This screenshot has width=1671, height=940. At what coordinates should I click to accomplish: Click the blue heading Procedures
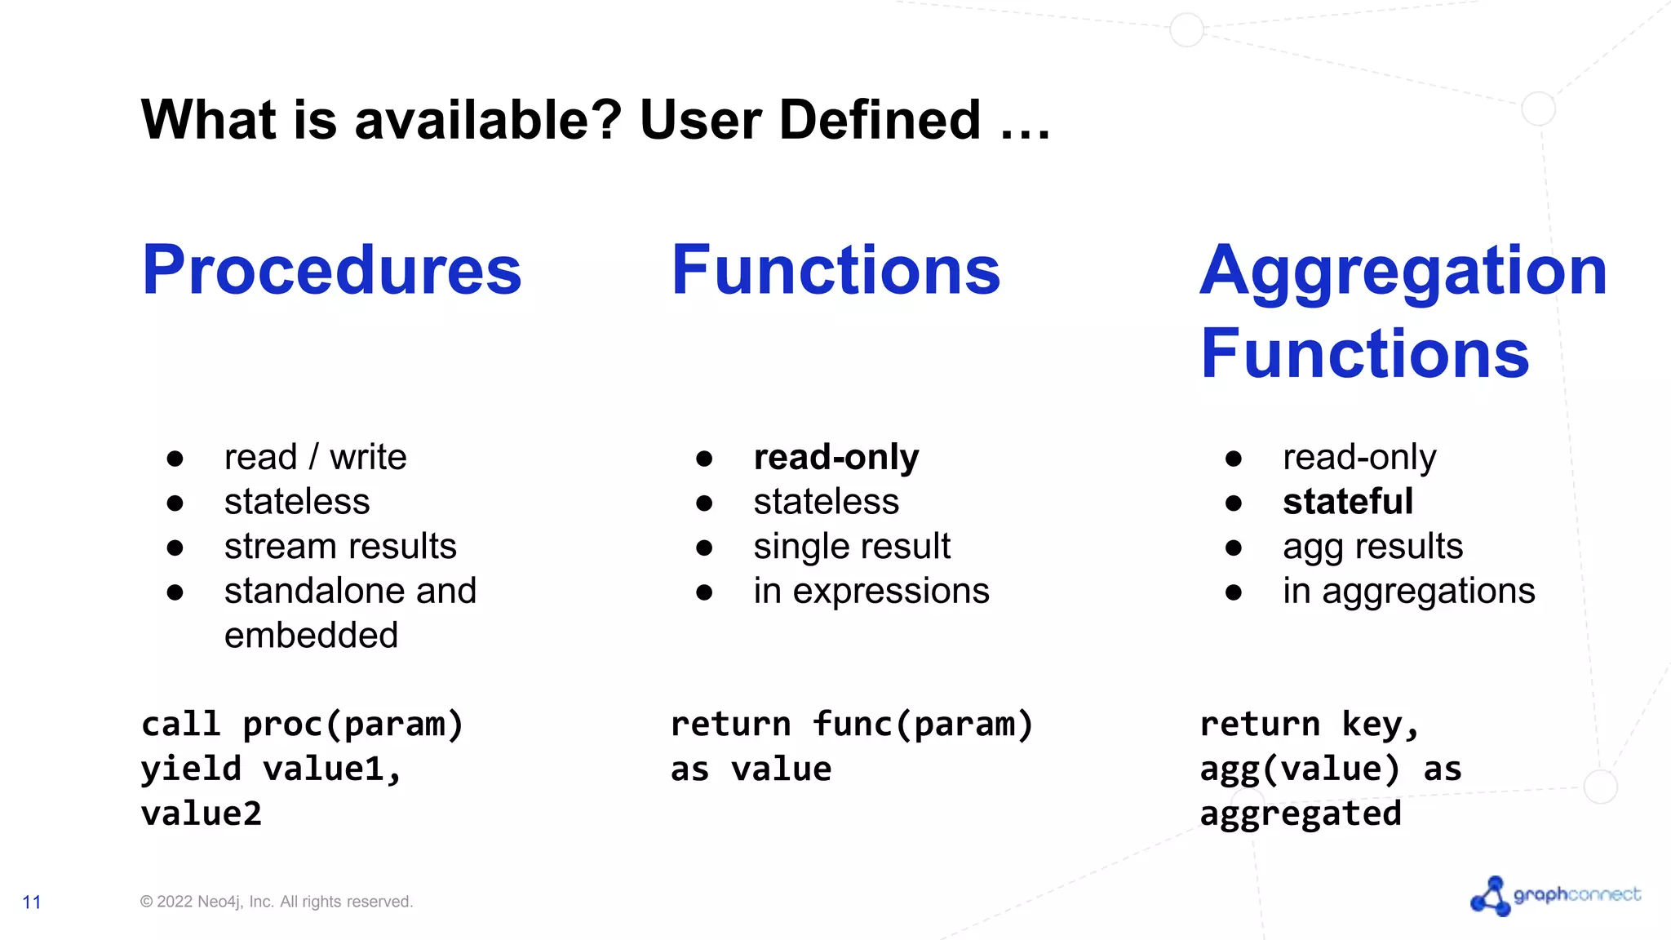pos(331,271)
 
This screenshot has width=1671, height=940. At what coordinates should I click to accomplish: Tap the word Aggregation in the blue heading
pos(1403,271)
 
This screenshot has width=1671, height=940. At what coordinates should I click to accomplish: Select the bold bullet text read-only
pos(835,457)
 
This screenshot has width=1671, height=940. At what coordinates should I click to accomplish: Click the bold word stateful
pos(1347,501)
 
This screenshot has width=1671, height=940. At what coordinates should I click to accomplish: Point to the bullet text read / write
pos(315,457)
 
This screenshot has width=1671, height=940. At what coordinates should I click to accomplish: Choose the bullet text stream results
pos(340,546)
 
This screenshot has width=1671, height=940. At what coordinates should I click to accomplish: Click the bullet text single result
pos(852,546)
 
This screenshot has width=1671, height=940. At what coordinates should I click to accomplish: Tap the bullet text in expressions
pos(871,591)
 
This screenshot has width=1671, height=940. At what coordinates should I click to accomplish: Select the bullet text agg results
pos(1372,546)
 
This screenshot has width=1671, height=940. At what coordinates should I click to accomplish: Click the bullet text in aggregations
pos(1408,591)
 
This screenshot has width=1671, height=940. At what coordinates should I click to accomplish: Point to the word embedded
pos(311,636)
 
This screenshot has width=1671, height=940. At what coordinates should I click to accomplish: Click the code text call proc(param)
pos(302,725)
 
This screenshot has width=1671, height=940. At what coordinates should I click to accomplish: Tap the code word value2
pos(202,814)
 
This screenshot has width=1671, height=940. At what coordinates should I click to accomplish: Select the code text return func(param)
pos(851,725)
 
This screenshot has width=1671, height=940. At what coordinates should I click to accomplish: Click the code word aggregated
pos(1301,814)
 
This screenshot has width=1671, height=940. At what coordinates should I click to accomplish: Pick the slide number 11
pos(32,902)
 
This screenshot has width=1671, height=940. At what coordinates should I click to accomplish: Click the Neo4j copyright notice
pos(277,902)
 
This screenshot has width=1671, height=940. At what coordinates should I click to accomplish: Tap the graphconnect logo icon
pos(1490,896)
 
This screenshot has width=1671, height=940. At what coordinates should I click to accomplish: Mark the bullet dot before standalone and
pos(175,592)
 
